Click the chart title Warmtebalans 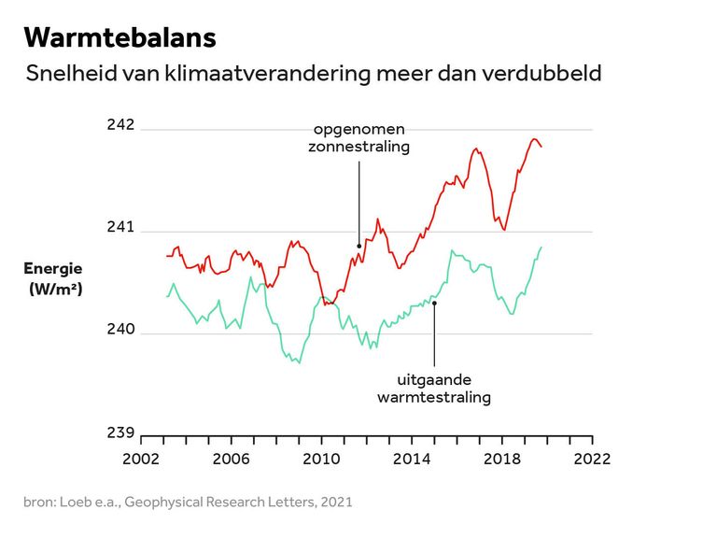[x=119, y=37]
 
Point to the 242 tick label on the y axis [x=120, y=125]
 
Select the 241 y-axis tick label [x=120, y=227]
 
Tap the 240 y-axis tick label [x=120, y=330]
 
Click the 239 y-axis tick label [x=120, y=432]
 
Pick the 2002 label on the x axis [x=139, y=459]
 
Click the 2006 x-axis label [x=230, y=459]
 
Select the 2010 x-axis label [x=320, y=459]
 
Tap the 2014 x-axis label [x=411, y=459]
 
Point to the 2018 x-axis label [x=501, y=459]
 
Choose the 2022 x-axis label [x=592, y=459]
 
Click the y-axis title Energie [x=53, y=269]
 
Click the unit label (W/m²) [x=56, y=290]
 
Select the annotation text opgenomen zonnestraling [x=358, y=137]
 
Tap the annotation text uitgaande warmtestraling [x=434, y=389]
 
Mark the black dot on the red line [x=359, y=247]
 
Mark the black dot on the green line [x=434, y=303]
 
